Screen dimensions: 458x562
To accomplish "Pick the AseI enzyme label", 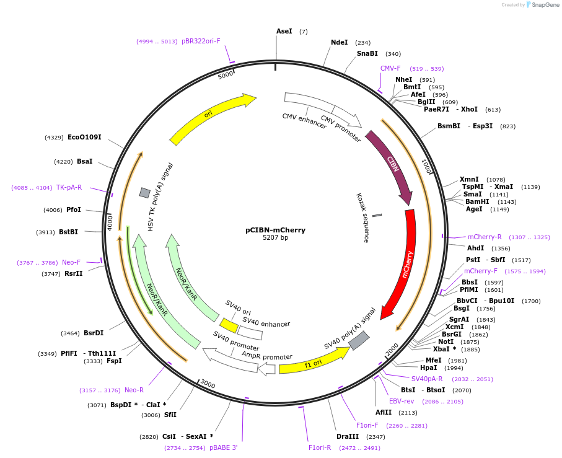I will [x=284, y=31].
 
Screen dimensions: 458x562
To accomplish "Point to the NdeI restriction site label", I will [x=339, y=43].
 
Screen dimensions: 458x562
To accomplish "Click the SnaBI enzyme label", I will [x=367, y=54].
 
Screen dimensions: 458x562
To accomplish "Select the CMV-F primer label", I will [x=390, y=68].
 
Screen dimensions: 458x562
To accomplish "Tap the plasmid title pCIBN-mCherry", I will [x=275, y=230].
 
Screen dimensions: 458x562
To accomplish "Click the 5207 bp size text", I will [x=275, y=238].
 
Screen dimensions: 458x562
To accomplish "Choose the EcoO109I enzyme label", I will [x=84, y=137].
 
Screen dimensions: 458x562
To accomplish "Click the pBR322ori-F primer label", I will [x=201, y=41].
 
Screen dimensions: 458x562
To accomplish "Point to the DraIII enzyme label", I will [x=346, y=437].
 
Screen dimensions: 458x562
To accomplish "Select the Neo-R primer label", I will [x=134, y=390].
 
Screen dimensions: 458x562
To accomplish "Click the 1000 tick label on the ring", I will [x=426, y=165].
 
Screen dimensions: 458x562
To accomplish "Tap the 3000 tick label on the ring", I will [x=208, y=384].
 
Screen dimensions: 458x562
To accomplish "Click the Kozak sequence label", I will [x=362, y=217].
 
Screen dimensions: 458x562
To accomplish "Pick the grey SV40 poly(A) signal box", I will [x=359, y=340].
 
